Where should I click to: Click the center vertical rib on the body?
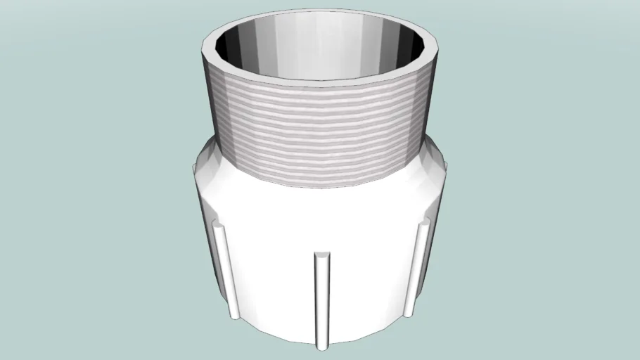[x=321, y=299]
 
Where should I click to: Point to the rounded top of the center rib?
[x=321, y=255]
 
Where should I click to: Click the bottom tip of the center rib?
[x=321, y=346]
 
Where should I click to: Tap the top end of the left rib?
[x=219, y=226]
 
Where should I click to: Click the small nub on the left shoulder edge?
[x=193, y=167]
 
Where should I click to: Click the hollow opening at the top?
[x=320, y=49]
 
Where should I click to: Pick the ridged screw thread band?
[x=320, y=134]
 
